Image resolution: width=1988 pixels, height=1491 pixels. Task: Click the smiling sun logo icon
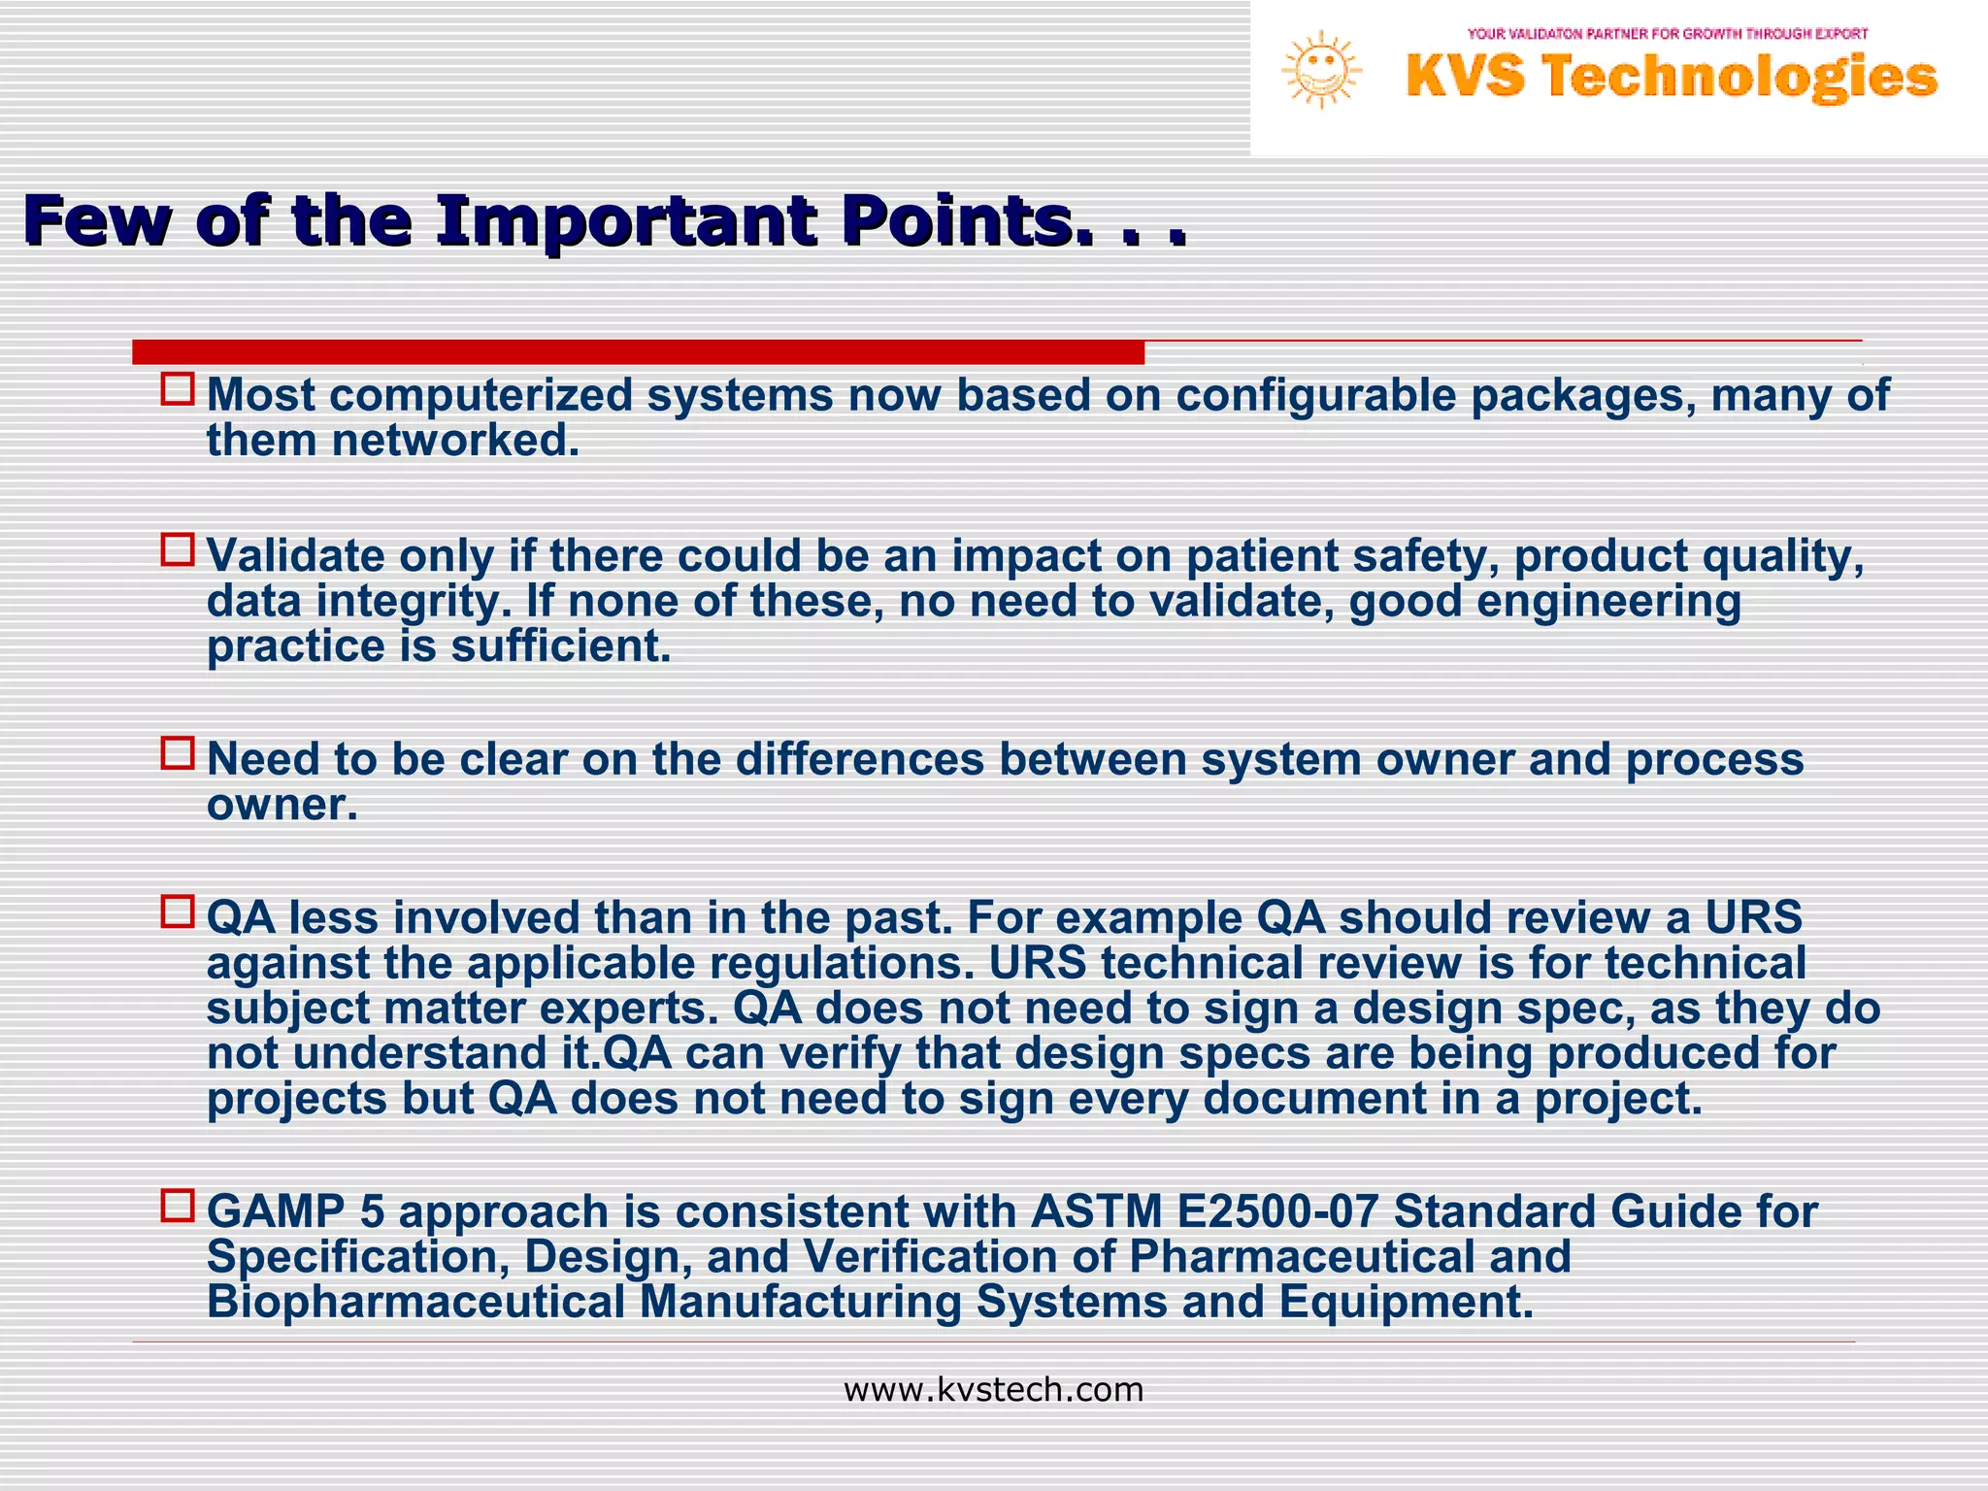coord(1321,70)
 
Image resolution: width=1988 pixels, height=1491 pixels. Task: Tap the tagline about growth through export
coord(1667,34)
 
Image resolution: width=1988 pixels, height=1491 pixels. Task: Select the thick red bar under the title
coord(638,352)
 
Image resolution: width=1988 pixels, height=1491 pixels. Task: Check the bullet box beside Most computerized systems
coord(178,389)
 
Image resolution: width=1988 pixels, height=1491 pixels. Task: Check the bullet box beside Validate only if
coord(178,549)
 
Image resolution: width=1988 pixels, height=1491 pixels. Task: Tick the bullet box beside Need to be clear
coord(178,753)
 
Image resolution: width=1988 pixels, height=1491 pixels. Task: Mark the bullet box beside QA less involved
coord(178,911)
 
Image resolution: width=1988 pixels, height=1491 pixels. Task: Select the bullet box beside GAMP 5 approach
coord(178,1206)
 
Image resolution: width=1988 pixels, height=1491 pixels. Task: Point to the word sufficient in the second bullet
coord(560,646)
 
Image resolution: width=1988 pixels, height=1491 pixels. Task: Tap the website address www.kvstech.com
coord(993,1390)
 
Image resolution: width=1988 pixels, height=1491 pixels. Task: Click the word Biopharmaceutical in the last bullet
coord(415,1302)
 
